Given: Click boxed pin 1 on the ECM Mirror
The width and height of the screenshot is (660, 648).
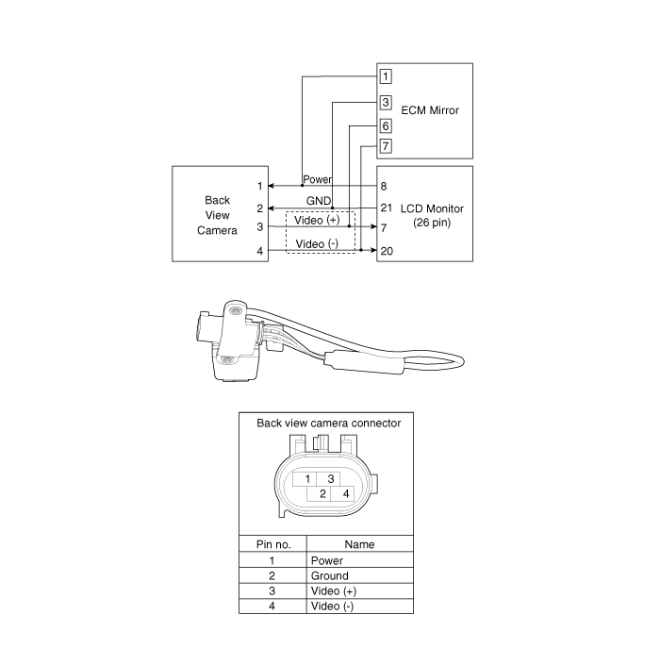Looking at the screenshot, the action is coord(386,76).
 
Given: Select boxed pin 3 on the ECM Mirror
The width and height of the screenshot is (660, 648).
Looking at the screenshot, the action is coord(386,102).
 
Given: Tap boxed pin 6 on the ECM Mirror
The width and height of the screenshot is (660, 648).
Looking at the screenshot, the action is coord(386,125).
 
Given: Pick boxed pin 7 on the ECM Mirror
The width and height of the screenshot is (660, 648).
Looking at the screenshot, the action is coord(386,146).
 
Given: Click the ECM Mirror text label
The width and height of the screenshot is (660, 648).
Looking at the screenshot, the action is coord(430,110).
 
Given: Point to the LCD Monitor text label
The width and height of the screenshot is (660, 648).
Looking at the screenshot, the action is coord(432,208).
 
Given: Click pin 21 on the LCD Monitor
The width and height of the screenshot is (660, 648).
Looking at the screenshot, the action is coord(387,208).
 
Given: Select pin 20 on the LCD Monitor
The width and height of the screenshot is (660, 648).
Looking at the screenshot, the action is coord(387,251).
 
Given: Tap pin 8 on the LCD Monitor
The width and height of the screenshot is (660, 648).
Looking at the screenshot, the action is coord(384,186).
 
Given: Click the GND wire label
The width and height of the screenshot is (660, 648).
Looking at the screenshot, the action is coord(319,201).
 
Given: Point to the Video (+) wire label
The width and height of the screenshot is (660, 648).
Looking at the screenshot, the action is coord(317,220).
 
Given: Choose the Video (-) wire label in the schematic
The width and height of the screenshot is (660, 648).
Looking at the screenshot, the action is coord(317,243).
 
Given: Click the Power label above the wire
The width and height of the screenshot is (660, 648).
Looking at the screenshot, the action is coord(318,179).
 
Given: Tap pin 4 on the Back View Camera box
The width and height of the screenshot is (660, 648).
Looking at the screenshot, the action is coord(260,251).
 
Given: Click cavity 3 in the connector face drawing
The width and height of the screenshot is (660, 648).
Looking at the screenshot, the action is coord(331,479).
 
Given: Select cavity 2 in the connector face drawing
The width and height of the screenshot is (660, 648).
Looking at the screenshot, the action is coord(322,493).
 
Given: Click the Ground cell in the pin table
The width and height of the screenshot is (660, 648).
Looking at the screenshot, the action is coord(330,575).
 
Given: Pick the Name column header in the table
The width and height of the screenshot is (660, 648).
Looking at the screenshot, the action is coord(359,544).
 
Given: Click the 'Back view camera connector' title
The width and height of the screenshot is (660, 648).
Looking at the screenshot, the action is coord(329,424).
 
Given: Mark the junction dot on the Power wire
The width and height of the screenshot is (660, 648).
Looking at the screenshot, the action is coord(303,185).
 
